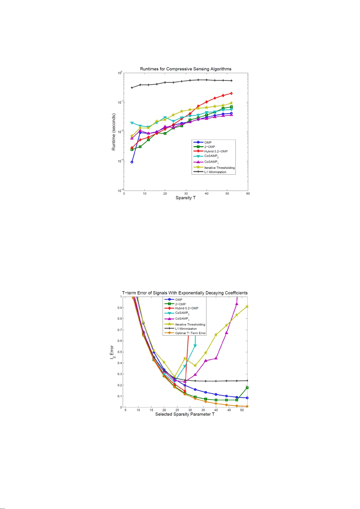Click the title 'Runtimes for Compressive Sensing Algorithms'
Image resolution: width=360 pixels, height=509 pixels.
tap(186, 69)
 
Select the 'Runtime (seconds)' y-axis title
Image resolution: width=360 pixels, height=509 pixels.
tap(114, 132)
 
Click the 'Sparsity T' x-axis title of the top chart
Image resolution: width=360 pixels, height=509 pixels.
tap(186, 198)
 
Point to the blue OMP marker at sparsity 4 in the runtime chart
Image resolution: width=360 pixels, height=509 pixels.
tap(132, 162)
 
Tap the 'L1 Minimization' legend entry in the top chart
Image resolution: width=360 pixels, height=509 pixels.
tap(215, 172)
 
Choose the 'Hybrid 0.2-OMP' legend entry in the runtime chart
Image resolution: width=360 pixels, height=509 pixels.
tap(216, 151)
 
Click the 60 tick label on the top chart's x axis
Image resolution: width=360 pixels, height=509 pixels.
tap(248, 194)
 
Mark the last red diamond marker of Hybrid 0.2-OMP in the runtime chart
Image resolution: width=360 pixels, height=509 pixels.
tap(232, 93)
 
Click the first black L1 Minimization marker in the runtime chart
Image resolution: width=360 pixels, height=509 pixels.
tap(132, 88)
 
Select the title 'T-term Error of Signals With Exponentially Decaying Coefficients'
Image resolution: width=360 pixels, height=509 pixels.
tap(185, 293)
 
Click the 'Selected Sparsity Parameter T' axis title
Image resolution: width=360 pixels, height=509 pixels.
tap(185, 414)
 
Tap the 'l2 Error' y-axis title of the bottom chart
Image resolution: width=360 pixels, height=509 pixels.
tap(112, 352)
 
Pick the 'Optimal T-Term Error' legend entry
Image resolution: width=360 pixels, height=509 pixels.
tap(190, 333)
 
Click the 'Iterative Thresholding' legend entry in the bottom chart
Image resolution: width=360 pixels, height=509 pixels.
tap(190, 324)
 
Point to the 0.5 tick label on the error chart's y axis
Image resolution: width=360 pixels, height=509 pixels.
tap(120, 352)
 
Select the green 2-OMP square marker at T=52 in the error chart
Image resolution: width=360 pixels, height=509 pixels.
tap(247, 388)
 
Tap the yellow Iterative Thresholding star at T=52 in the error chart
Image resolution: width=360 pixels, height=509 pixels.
tap(247, 306)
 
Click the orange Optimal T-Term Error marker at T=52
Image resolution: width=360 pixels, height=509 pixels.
tap(247, 407)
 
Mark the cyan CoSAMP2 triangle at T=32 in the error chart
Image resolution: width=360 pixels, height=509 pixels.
tap(195, 346)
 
